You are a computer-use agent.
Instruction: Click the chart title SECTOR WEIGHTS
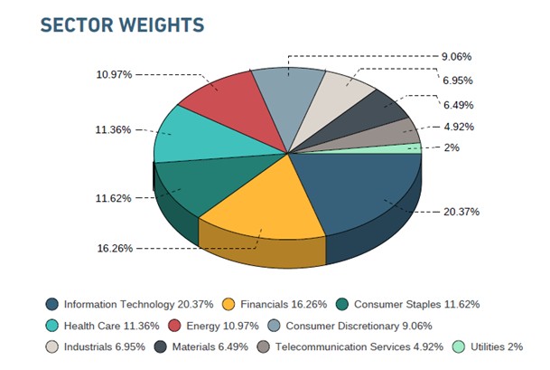(x=122, y=24)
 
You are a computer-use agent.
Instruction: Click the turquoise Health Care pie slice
(x=185, y=136)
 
